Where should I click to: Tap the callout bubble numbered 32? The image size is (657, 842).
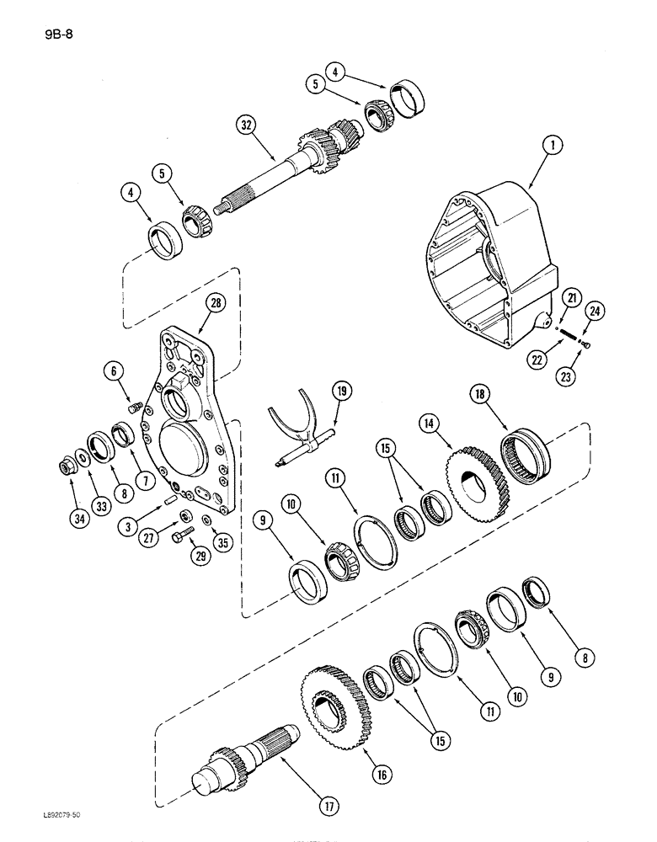click(x=245, y=126)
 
